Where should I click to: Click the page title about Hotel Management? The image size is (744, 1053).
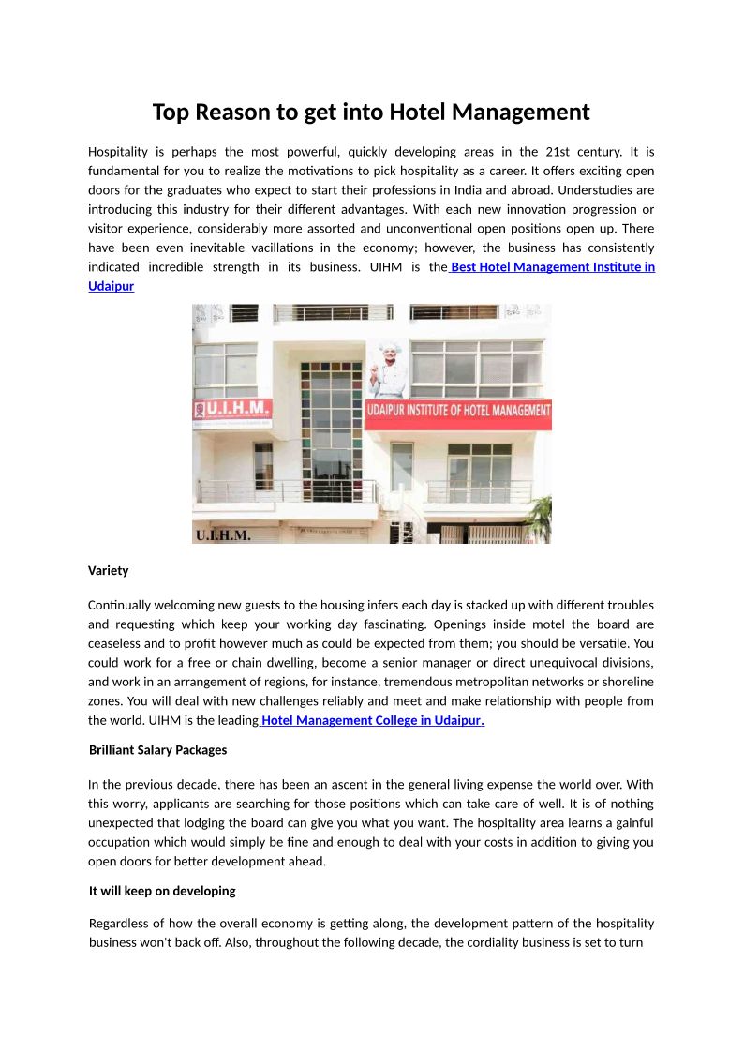(x=371, y=113)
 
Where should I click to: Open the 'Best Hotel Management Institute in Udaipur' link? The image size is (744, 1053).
(x=553, y=267)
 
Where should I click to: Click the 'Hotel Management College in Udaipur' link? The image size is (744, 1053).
(x=372, y=720)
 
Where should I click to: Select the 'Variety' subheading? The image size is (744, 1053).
(x=108, y=570)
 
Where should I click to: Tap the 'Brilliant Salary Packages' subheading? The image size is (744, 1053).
(x=157, y=750)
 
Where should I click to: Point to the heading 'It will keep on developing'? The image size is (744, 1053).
(x=162, y=891)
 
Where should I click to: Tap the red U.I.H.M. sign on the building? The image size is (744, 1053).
(x=231, y=410)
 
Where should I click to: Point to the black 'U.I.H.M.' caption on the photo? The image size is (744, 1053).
(x=222, y=535)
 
